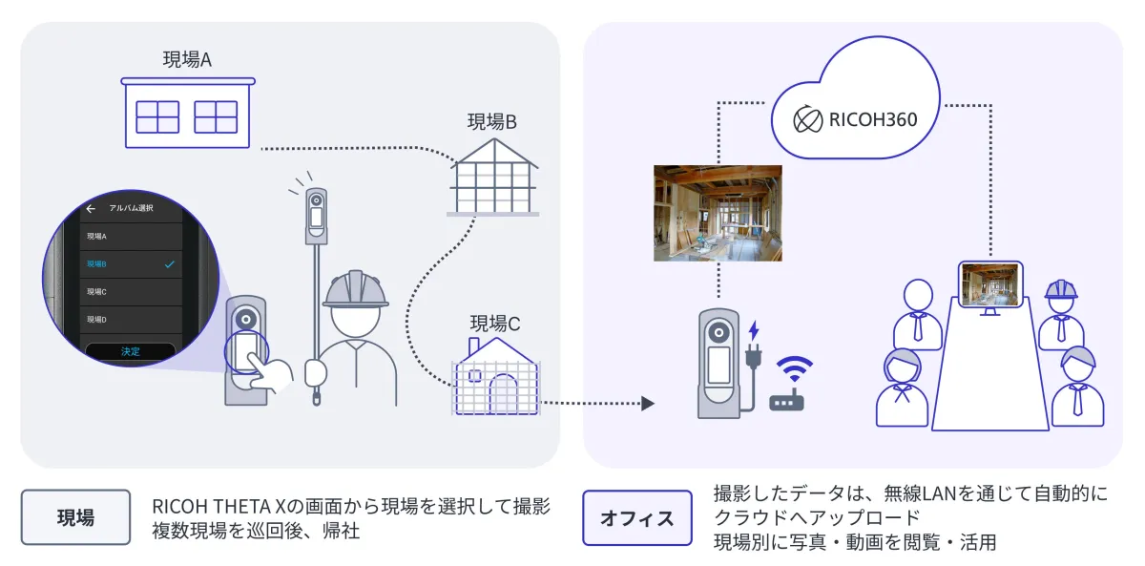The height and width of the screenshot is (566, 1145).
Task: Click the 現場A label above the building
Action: pos(187,59)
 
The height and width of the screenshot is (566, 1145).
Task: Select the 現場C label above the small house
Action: pos(494,324)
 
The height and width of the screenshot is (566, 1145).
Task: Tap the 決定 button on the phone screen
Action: pos(130,351)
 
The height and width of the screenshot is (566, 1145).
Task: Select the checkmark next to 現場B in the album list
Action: pos(169,263)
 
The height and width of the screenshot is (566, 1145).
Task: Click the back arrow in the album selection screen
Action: pos(91,208)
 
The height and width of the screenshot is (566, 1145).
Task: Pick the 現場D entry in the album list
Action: pos(96,319)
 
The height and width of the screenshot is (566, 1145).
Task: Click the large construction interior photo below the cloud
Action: pos(718,213)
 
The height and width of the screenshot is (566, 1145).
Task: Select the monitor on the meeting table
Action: pos(990,286)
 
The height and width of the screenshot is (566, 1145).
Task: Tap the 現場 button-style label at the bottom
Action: pos(75,517)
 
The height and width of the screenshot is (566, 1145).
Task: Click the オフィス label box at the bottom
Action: pos(636,517)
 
